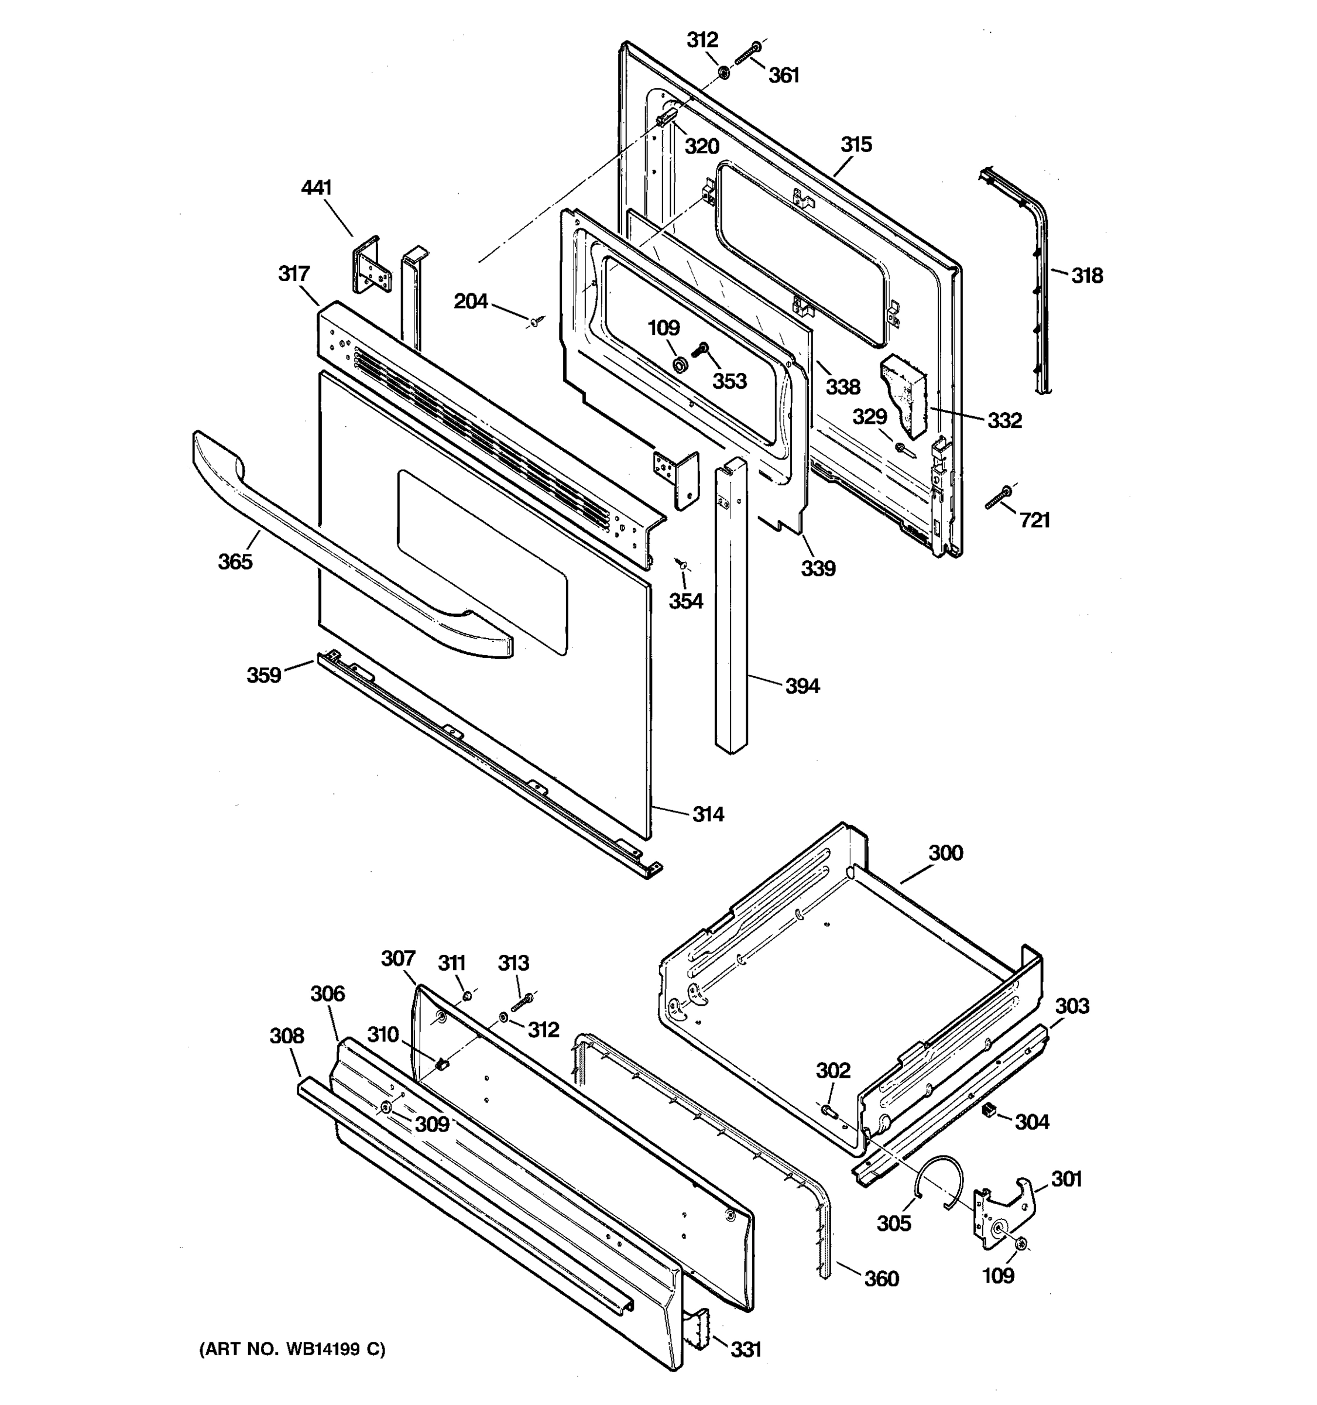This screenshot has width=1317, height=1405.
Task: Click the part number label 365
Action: pyautogui.click(x=235, y=562)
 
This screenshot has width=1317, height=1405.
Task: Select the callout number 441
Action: pyautogui.click(x=316, y=188)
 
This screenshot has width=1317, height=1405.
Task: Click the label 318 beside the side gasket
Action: pyautogui.click(x=1086, y=276)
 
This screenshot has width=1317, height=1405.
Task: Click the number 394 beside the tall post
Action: pyautogui.click(x=802, y=686)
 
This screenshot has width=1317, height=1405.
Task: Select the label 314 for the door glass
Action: pyautogui.click(x=708, y=815)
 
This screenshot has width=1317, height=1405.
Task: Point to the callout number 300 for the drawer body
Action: pyautogui.click(x=945, y=853)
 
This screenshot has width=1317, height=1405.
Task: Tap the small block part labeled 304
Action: pyautogui.click(x=989, y=1112)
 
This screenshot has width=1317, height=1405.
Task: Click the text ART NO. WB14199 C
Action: pyautogui.click(x=293, y=1349)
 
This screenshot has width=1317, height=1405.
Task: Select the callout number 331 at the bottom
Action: pyautogui.click(x=745, y=1349)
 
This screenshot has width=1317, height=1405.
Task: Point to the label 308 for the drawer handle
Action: pyautogui.click(x=286, y=1036)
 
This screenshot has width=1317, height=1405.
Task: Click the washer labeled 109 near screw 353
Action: pyautogui.click(x=680, y=365)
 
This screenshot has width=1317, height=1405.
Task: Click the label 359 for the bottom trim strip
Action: pyautogui.click(x=263, y=675)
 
